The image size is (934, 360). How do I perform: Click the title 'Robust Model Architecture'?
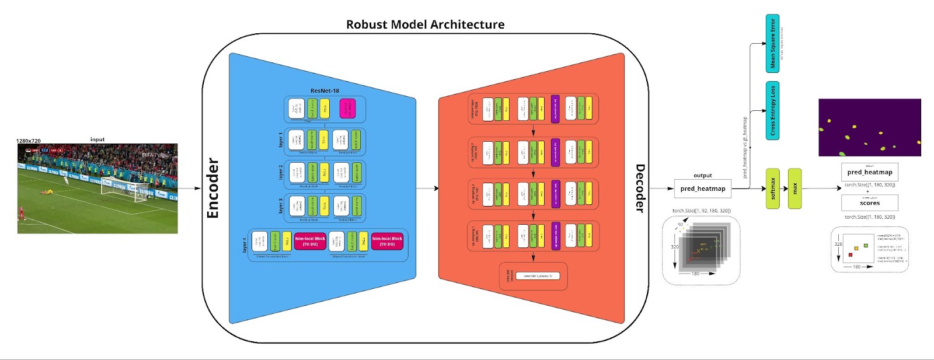(x=425, y=25)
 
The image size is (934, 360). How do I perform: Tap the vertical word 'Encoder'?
(x=213, y=188)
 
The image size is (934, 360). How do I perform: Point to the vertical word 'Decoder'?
(x=640, y=188)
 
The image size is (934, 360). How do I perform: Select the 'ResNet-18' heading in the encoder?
(x=325, y=90)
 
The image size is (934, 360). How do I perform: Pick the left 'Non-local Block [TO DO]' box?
(x=310, y=241)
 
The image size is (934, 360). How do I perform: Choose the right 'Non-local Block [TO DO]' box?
(x=387, y=241)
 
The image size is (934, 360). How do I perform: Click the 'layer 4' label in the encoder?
(x=245, y=245)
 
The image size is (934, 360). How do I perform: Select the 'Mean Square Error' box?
(x=772, y=44)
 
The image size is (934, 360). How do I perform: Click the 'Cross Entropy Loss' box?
(x=772, y=111)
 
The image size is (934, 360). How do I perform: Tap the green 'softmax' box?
(x=772, y=188)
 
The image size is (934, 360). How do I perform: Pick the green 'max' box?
(x=794, y=188)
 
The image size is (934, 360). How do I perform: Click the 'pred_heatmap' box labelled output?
(x=702, y=188)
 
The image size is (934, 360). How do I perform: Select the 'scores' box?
(x=869, y=203)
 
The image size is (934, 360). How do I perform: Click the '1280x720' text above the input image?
(x=29, y=141)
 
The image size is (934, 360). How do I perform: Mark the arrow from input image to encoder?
(x=189, y=188)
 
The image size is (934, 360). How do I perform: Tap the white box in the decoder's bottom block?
(x=538, y=276)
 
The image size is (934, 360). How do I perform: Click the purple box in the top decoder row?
(x=555, y=109)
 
